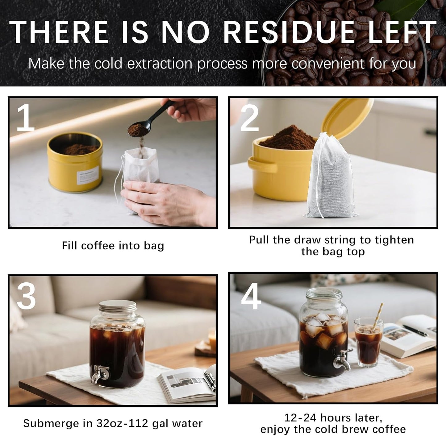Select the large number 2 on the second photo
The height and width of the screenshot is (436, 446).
click(249, 117)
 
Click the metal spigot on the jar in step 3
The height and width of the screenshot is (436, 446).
click(100, 373)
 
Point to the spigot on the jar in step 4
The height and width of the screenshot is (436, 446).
click(344, 359)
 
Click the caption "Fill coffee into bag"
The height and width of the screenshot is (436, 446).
click(113, 246)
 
